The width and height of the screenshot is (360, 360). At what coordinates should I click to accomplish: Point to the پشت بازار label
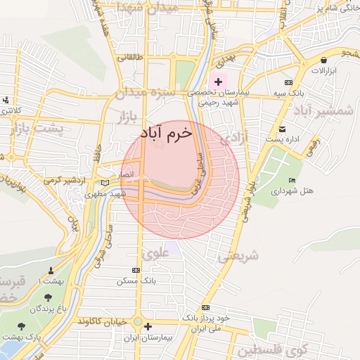41,129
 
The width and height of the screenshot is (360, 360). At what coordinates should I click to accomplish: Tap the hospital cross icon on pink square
219,82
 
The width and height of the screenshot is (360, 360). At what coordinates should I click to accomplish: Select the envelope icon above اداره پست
282,129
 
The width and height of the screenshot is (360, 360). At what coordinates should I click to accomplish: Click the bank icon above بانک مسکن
136,270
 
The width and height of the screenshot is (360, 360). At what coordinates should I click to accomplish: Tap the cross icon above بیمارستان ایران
148,327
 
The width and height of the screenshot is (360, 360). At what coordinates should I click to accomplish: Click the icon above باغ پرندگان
47,300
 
